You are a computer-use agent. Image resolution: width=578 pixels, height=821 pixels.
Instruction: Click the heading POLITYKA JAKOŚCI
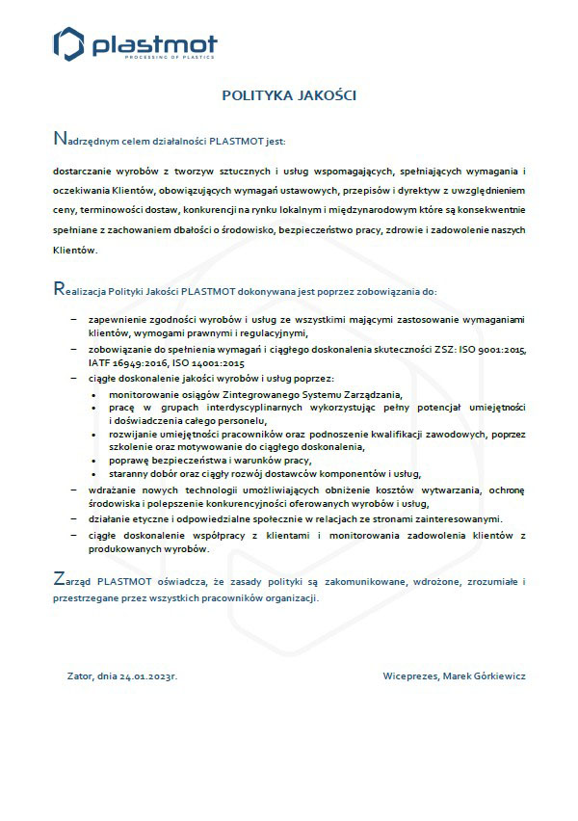(289, 95)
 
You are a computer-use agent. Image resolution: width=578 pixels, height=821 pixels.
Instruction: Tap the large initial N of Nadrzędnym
(59, 139)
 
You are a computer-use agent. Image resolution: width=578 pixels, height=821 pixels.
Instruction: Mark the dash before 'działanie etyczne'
(74, 518)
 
